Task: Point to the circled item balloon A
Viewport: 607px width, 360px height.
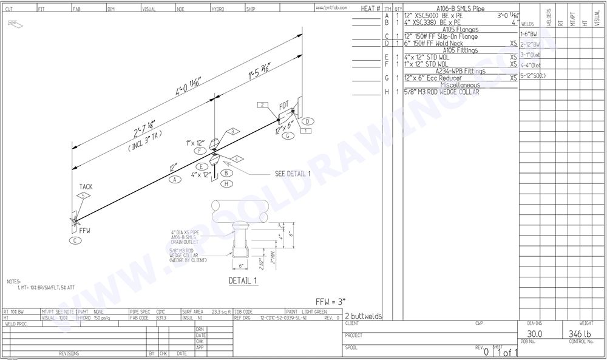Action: click(x=175, y=180)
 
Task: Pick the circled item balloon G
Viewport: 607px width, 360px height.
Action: click(x=285, y=136)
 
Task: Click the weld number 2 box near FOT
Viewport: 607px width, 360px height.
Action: click(x=262, y=105)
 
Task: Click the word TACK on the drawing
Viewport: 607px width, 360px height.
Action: click(x=86, y=187)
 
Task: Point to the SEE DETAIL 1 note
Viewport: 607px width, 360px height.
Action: click(x=293, y=174)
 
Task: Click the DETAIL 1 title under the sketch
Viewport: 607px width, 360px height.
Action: click(x=243, y=281)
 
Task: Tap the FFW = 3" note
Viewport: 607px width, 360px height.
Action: click(x=331, y=302)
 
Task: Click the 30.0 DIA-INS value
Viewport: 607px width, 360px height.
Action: click(x=534, y=334)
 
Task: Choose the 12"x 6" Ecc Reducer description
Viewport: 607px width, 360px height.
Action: click(x=433, y=78)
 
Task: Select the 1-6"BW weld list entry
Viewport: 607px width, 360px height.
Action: click(x=529, y=34)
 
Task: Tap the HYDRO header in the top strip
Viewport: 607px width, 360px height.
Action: click(x=218, y=9)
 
